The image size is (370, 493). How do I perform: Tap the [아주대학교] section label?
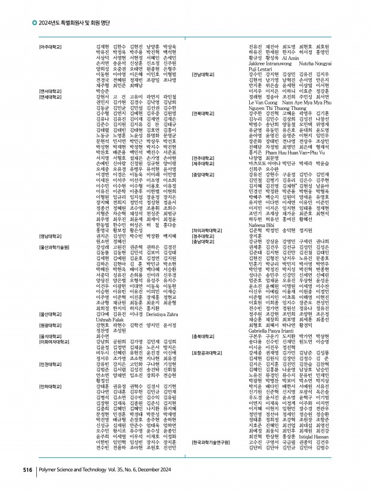tap(51, 46)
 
